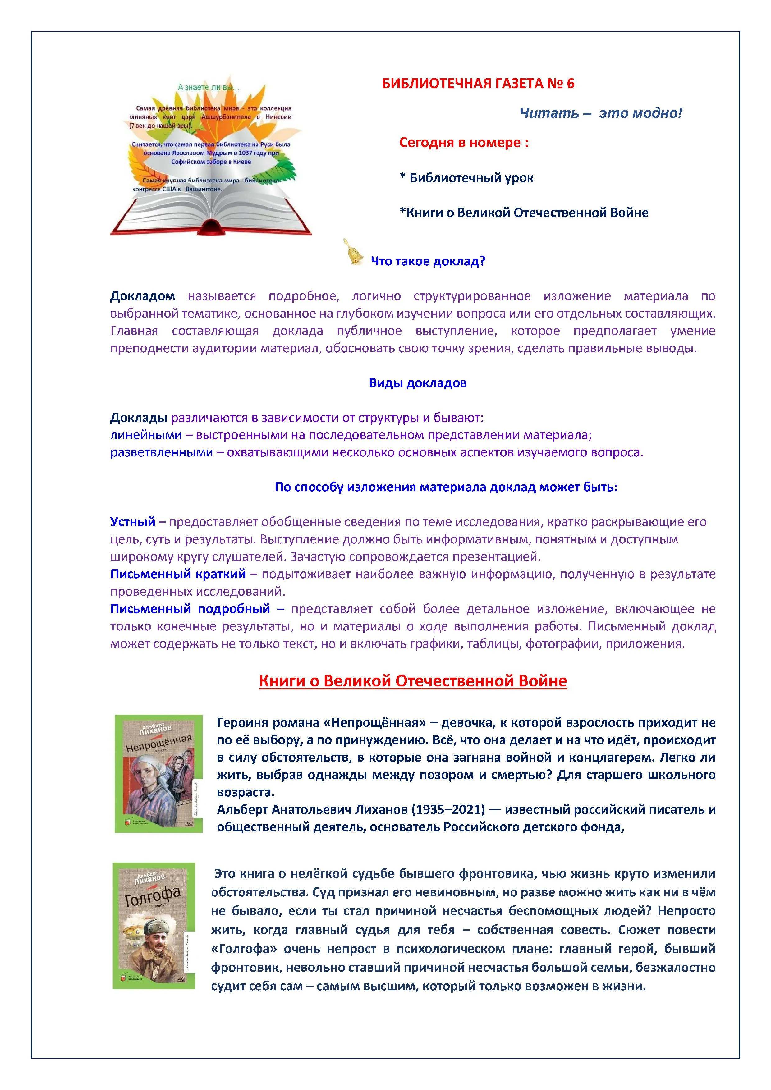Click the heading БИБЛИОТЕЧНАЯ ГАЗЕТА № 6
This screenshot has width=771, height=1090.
tap(478, 84)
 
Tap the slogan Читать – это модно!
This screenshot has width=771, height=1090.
tap(601, 113)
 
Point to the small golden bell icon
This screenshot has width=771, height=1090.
tap(352, 252)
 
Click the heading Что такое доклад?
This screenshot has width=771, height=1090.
tap(428, 261)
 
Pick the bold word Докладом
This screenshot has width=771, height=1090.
tap(142, 296)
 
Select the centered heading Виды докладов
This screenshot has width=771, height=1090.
tap(417, 383)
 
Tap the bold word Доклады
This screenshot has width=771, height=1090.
tap(139, 418)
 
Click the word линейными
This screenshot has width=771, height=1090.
tap(146, 435)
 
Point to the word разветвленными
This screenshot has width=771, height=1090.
tap(161, 452)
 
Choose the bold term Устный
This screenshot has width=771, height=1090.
tap(133, 522)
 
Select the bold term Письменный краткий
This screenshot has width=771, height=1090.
tap(178, 574)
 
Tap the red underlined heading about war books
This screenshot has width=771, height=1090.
tap(413, 681)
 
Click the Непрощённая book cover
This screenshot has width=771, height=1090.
tap(158, 774)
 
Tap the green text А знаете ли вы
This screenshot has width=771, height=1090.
tap(209, 87)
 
